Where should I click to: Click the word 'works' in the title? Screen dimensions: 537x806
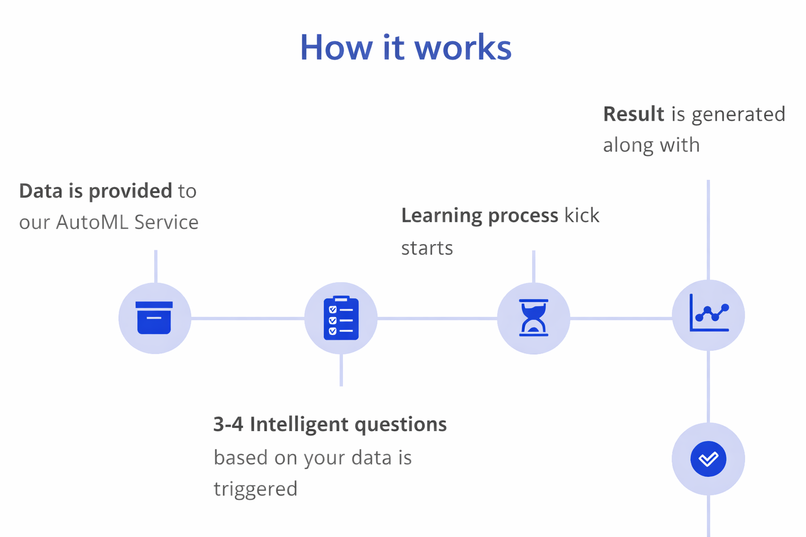[463, 47]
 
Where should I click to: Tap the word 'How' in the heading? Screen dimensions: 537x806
[336, 47]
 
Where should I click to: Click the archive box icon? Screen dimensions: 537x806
[154, 318]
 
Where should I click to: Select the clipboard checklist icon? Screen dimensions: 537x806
[341, 318]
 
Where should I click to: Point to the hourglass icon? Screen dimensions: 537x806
[533, 318]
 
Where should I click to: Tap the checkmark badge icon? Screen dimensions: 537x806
[708, 459]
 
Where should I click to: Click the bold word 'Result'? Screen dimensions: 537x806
[633, 114]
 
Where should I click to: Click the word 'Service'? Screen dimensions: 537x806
[166, 222]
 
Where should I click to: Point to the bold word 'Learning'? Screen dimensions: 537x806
[441, 216]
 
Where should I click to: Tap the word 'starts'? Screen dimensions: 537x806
[427, 248]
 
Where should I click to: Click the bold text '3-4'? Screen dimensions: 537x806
[228, 424]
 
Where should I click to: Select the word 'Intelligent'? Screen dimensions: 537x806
[299, 424]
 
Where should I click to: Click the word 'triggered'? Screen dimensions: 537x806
[256, 489]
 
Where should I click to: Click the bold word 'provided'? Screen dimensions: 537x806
[130, 191]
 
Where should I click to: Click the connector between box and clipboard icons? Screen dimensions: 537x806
[248, 318]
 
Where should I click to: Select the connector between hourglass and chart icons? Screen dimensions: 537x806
[621, 318]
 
